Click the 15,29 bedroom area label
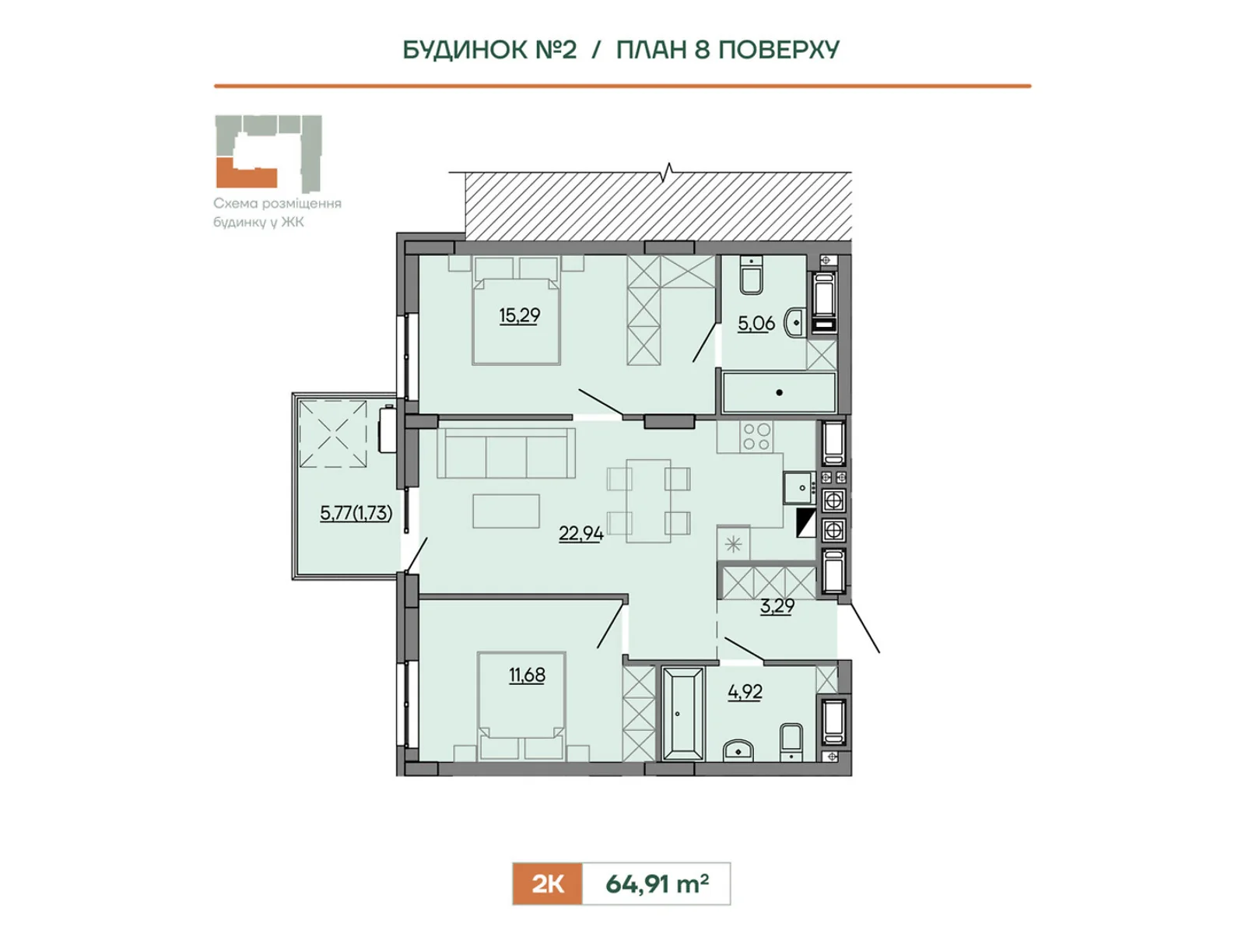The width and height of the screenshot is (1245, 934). pyautogui.click(x=519, y=315)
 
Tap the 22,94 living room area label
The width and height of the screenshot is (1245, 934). pyautogui.click(x=580, y=533)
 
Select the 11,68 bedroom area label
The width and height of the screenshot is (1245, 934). pyautogui.click(x=527, y=675)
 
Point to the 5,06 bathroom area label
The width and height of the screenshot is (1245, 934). pyautogui.click(x=756, y=323)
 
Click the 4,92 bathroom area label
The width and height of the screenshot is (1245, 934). pyautogui.click(x=745, y=692)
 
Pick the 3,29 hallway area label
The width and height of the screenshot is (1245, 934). pyautogui.click(x=777, y=606)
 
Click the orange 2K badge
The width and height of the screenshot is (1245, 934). pyautogui.click(x=547, y=883)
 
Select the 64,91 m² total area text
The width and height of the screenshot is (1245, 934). pyautogui.click(x=657, y=883)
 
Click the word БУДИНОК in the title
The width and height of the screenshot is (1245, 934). pyautogui.click(x=489, y=50)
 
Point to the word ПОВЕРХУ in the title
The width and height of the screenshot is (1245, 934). pyautogui.click(x=779, y=50)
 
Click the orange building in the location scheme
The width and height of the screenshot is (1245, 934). pyautogui.click(x=246, y=174)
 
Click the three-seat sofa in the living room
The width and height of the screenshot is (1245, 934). pyautogui.click(x=506, y=452)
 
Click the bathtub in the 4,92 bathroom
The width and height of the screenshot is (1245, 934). pyautogui.click(x=683, y=714)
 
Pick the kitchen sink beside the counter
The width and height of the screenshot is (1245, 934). pyautogui.click(x=801, y=487)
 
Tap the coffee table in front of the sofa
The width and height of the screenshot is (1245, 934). pyautogui.click(x=506, y=511)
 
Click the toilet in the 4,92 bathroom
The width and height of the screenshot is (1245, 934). pyautogui.click(x=791, y=742)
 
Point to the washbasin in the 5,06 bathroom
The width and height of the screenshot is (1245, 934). pyautogui.click(x=794, y=323)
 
